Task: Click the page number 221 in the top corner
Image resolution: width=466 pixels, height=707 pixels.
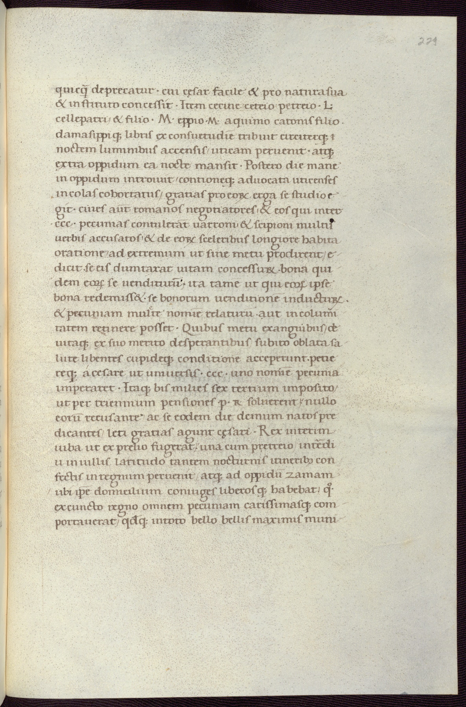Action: [x=428, y=40]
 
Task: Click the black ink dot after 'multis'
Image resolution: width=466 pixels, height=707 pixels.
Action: [x=332, y=221]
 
